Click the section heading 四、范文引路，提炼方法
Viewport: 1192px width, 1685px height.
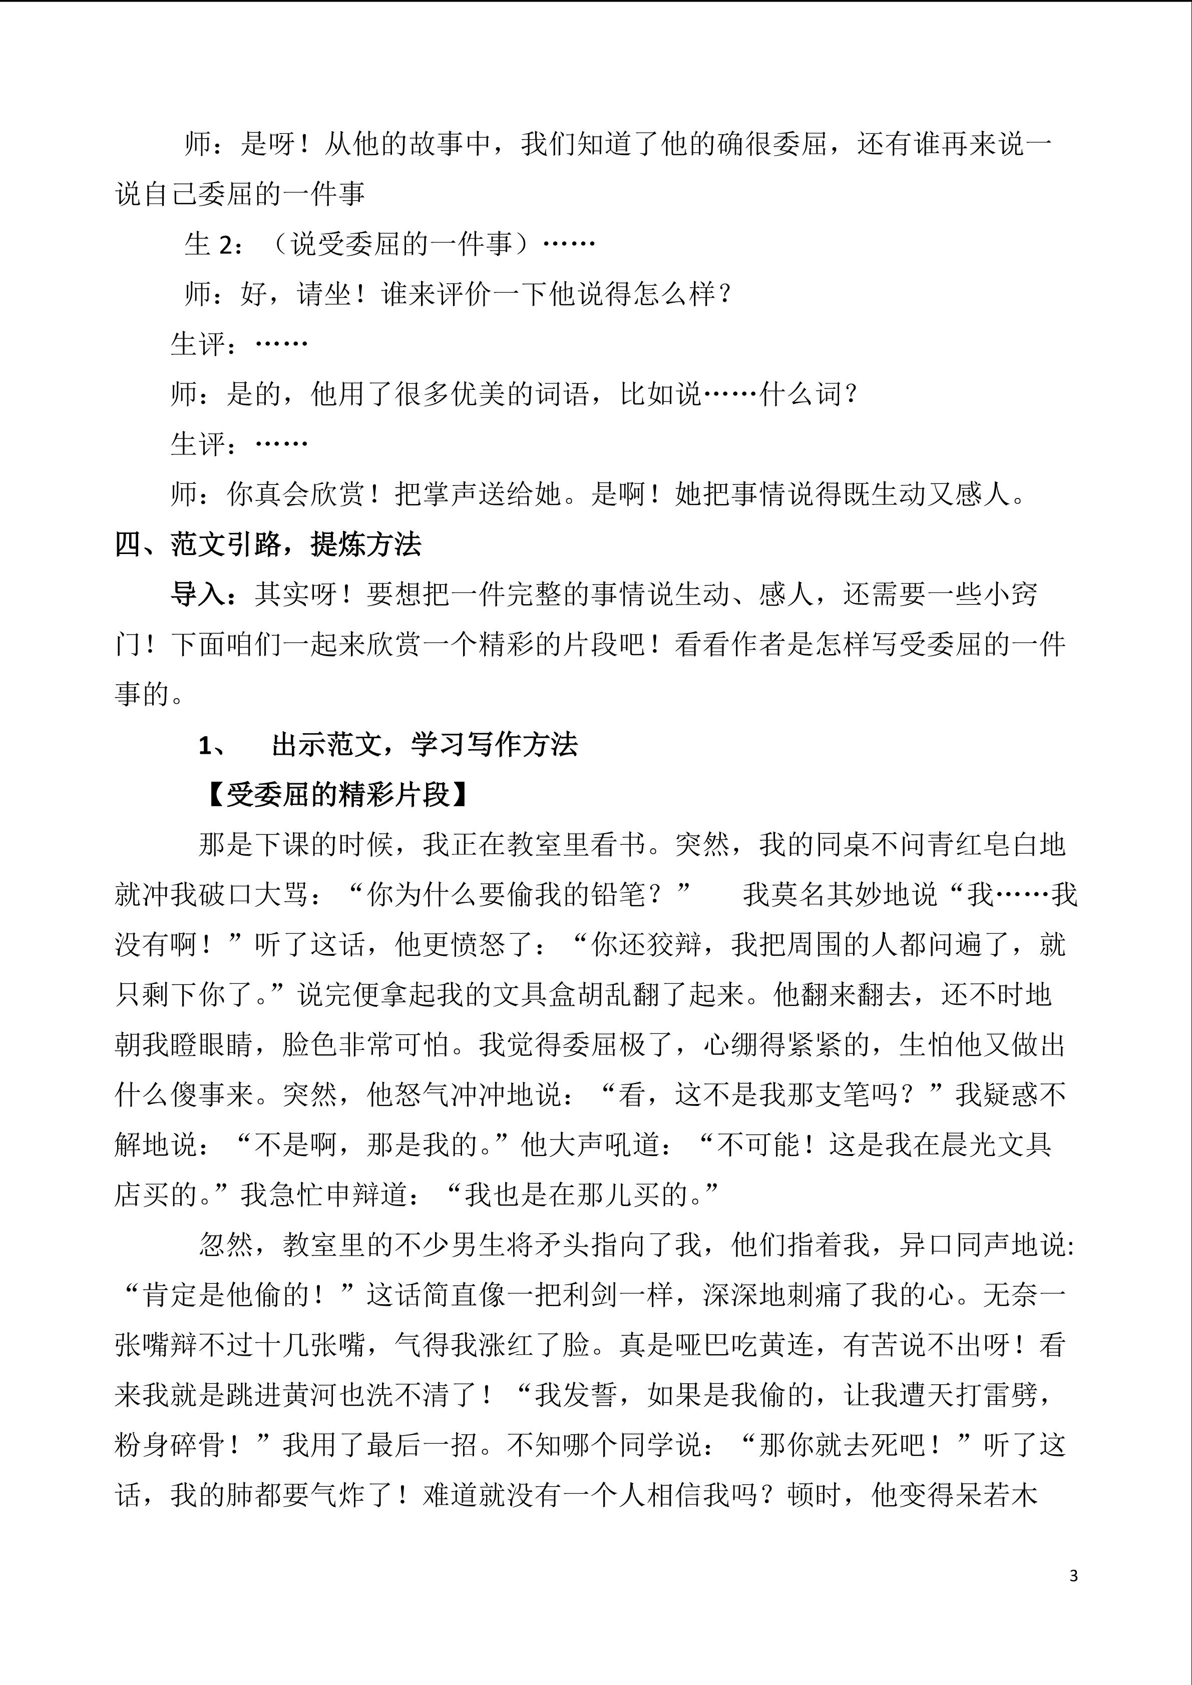[x=268, y=544]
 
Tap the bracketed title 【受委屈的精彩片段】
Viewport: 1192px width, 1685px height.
[x=337, y=795]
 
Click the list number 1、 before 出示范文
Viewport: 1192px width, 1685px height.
[x=214, y=746]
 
